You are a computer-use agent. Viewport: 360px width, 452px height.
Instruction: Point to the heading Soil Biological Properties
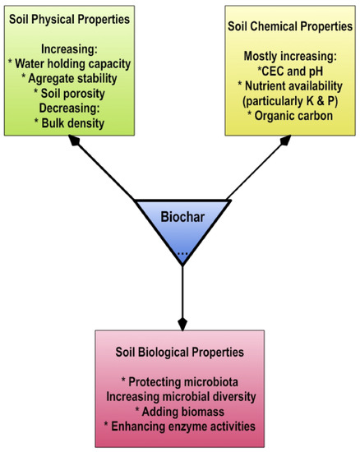(181, 352)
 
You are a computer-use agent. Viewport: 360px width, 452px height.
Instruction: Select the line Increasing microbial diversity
(181, 396)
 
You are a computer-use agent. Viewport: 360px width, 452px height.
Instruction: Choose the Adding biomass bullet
(181, 411)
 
